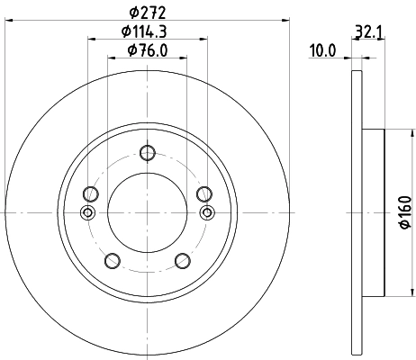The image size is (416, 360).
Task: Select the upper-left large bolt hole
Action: [x=90, y=193]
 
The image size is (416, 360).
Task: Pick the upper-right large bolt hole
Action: [x=204, y=193]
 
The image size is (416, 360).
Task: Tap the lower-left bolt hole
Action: [x=113, y=261]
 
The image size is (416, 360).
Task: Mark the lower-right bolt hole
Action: [x=183, y=261]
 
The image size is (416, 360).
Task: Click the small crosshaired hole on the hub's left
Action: [x=87, y=212]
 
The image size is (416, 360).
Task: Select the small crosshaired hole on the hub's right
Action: [x=208, y=212]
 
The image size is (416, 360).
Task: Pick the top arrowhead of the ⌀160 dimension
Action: [x=391, y=132]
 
